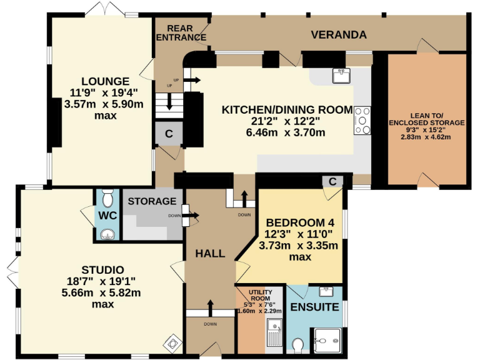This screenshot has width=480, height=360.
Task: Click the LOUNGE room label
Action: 104,81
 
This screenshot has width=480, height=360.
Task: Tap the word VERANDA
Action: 339,34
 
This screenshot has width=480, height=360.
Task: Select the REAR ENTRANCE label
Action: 181,32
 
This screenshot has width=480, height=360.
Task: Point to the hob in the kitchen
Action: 362,121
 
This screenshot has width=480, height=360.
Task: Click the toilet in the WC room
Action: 109,199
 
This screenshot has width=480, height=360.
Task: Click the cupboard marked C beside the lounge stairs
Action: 168,133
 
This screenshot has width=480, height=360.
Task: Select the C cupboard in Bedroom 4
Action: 333,181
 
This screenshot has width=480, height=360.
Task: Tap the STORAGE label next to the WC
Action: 152,201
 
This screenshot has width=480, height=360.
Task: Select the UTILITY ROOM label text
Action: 259,296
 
